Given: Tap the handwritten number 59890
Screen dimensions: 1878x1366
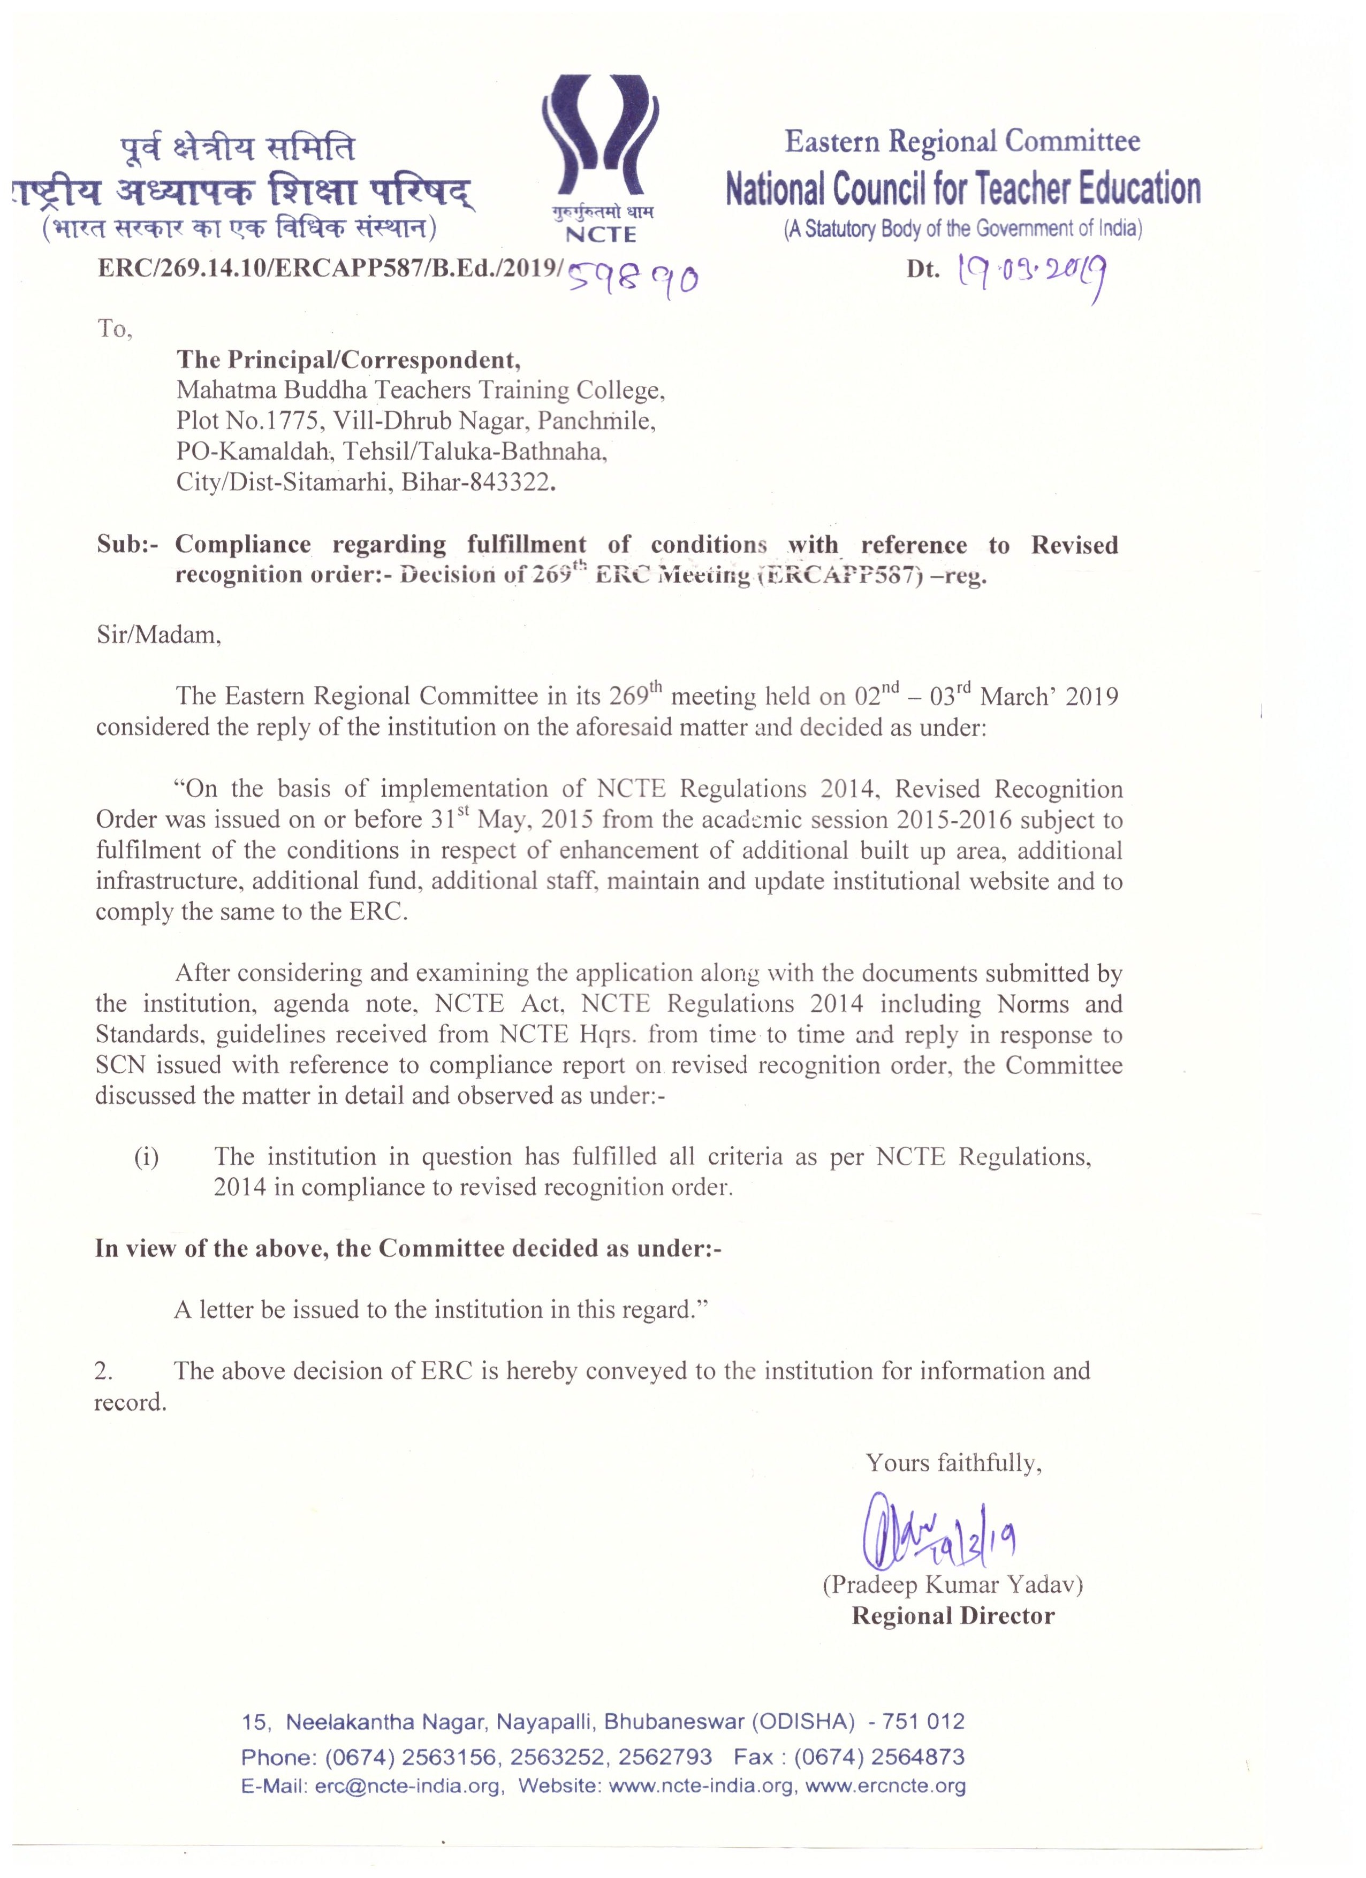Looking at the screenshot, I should [x=634, y=279].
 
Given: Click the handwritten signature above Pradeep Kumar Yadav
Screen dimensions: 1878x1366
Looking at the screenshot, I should [x=938, y=1537].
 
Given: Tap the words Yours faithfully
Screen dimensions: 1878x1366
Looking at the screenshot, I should [x=953, y=1463].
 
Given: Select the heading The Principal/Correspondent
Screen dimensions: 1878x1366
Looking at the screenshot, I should [x=348, y=360].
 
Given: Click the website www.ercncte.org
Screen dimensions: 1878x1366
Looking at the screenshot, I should [x=885, y=1785].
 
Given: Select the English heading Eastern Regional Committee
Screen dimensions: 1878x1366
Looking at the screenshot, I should [x=962, y=142].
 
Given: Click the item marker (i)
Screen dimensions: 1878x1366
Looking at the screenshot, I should [x=147, y=1157].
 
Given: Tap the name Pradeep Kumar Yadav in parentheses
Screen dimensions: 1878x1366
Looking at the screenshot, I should [x=953, y=1585].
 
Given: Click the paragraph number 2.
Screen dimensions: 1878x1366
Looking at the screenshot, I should [x=103, y=1371].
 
